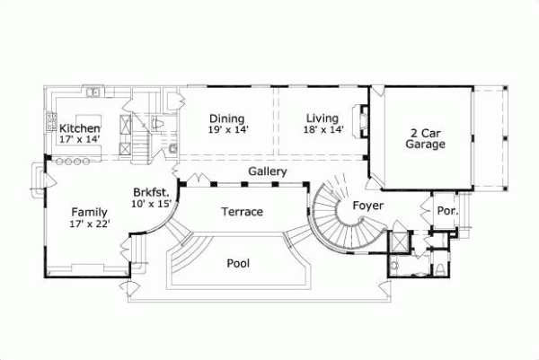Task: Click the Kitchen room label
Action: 79,128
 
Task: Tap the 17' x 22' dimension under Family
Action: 90,224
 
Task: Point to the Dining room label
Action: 227,119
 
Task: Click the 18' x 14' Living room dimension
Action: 323,129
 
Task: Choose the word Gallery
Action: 268,171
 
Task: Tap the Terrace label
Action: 242,212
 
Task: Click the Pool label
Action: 238,263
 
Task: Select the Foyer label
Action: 368,205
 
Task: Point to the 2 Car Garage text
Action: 425,136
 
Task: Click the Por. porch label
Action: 446,211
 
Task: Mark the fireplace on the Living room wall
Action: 361,119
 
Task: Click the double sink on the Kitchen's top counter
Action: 93,92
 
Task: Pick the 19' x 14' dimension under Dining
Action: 228,129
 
